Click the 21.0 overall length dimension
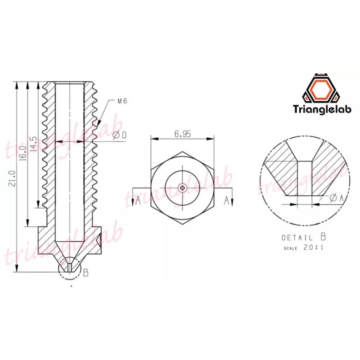coord(13,178)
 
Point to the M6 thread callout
coord(122,101)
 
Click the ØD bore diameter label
coord(120,135)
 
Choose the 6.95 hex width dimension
coord(183,134)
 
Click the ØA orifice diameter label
coord(336,198)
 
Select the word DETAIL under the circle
coord(297,238)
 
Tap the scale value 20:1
coord(313,248)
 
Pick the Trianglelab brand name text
coord(322,109)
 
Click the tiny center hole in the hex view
coord(183,188)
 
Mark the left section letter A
coord(138,200)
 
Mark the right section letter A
coord(227,200)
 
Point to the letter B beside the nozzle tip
coord(85,273)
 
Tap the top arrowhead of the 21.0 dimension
coord(17,85)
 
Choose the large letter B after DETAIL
coord(323,237)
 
